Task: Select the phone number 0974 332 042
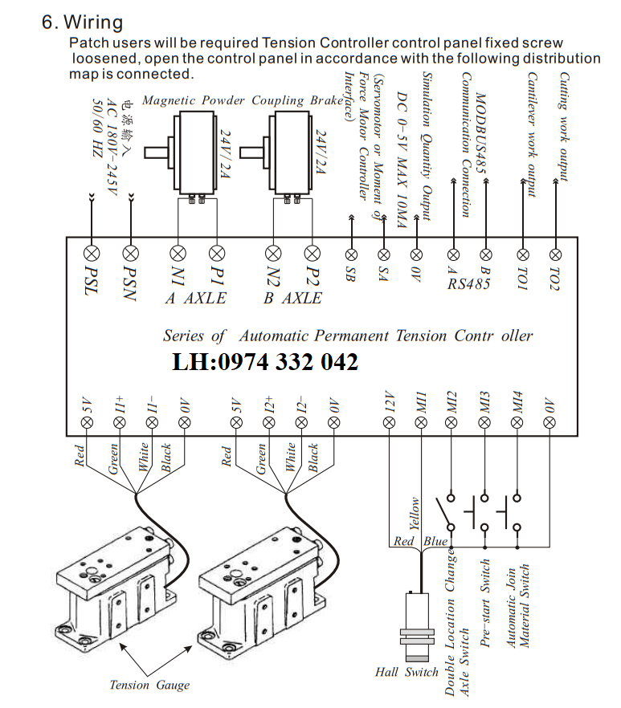tap(265, 363)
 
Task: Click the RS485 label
tap(469, 283)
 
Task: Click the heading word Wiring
tap(94, 22)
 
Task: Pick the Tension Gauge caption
tap(149, 685)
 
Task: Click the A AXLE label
tap(196, 298)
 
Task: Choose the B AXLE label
tap(292, 298)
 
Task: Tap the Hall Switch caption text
tap(407, 672)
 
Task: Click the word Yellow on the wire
tap(415, 515)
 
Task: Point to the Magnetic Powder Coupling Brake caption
tap(235, 100)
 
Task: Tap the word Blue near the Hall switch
tap(436, 542)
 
